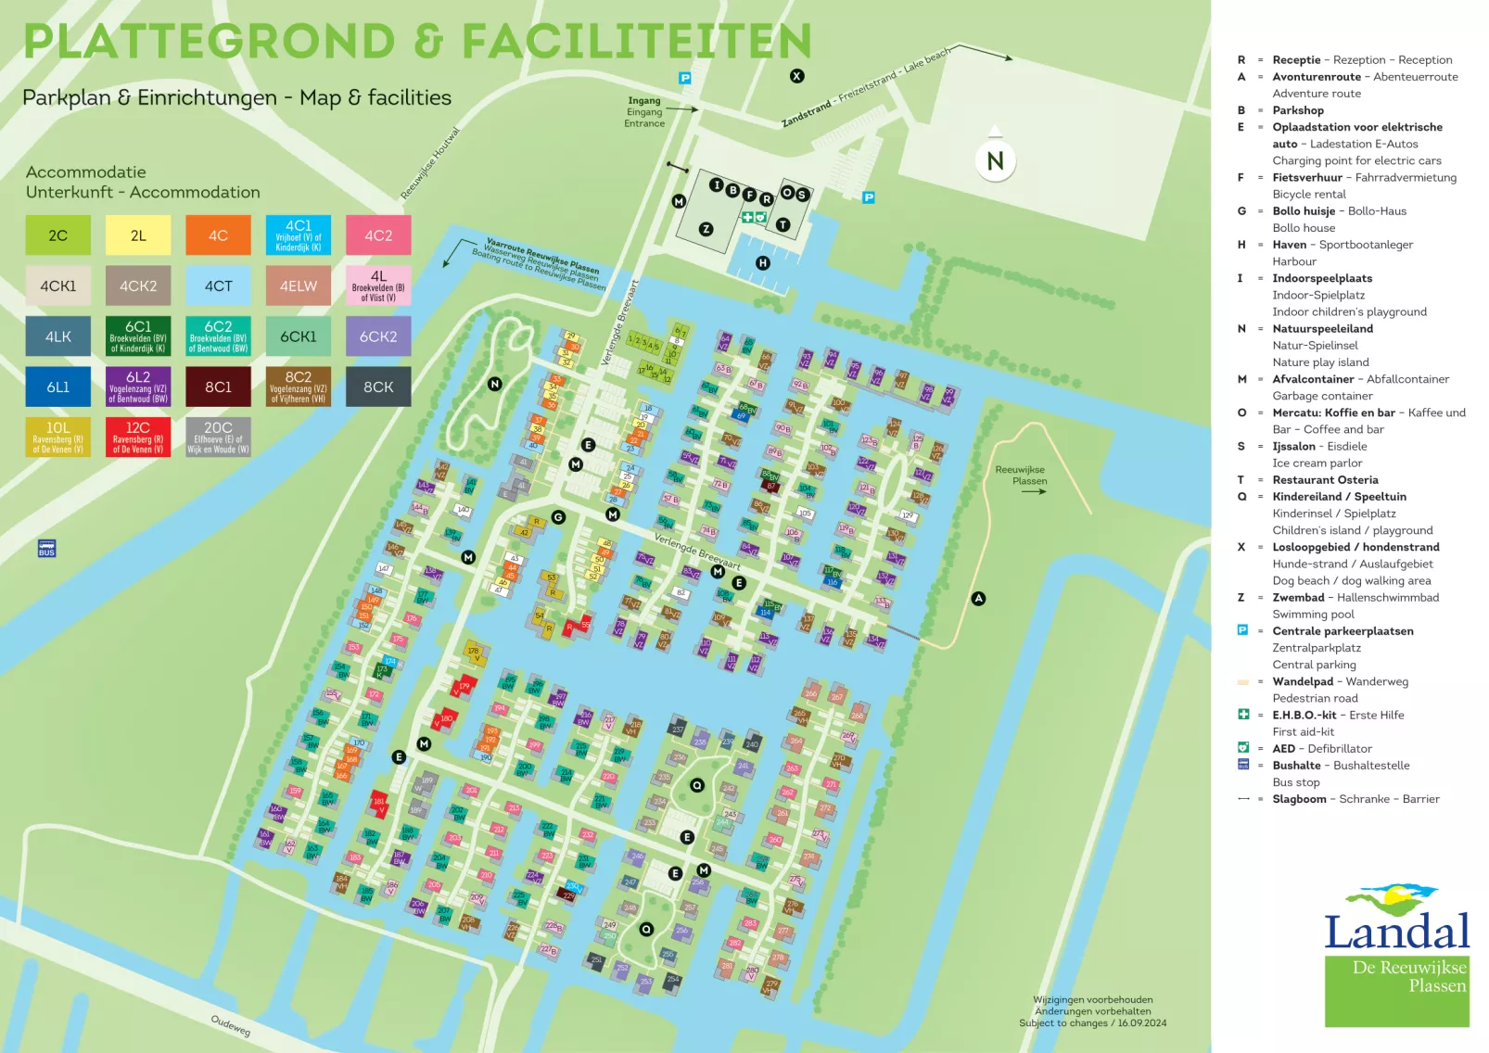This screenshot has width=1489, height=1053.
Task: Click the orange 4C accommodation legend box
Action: pos(218,235)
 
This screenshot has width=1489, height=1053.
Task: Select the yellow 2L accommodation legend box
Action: pos(138,235)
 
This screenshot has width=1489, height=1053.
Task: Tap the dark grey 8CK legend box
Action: pos(378,387)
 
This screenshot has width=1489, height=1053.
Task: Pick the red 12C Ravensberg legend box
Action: pos(138,437)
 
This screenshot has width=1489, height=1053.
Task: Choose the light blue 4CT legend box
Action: pos(218,285)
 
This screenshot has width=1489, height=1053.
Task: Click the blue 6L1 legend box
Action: pos(58,387)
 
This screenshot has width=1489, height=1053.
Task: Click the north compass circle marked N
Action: pos(995,161)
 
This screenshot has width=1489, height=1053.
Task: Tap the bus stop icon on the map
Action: pos(46,548)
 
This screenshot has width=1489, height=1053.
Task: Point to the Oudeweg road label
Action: pos(230,1025)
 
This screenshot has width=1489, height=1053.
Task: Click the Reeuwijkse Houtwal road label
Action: pos(430,163)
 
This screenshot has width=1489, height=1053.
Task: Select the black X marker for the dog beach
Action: pos(796,76)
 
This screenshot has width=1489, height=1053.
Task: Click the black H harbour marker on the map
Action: pos(762,263)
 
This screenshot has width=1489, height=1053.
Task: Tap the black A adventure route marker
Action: pos(978,599)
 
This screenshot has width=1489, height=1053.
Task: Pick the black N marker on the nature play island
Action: pos(495,384)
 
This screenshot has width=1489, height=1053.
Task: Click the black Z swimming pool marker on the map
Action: pos(706,229)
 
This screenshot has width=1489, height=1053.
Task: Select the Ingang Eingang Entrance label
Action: pos(644,112)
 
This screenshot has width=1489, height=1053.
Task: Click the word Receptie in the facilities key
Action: pos(1296,60)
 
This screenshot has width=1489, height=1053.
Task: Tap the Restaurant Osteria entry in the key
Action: pos(1325,480)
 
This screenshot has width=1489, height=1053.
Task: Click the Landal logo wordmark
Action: pos(1396,931)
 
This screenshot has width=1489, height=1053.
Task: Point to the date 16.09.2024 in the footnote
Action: pos(1142,1023)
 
